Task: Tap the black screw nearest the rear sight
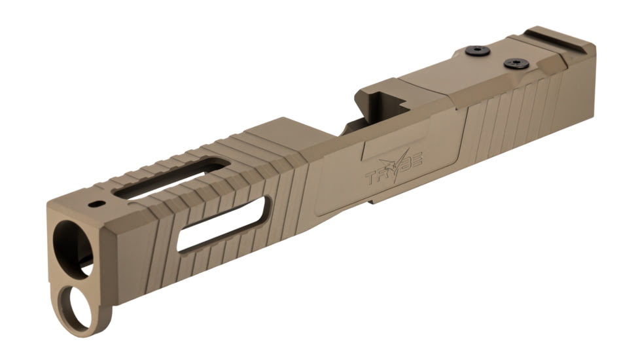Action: pyautogui.click(x=515, y=63)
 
